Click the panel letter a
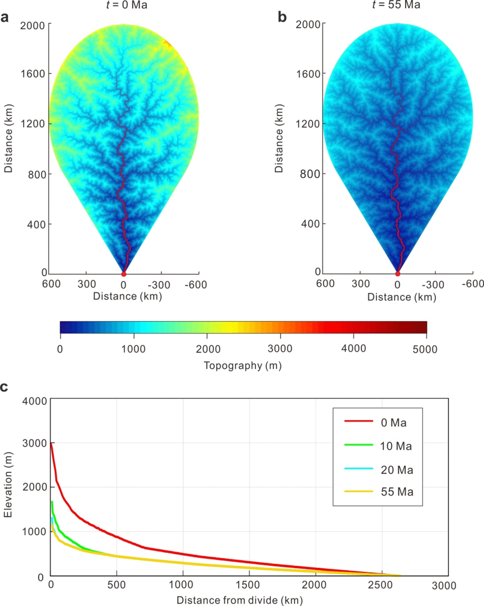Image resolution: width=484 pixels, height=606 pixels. tap(5, 18)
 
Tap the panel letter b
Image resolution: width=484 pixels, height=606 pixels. tap(282, 17)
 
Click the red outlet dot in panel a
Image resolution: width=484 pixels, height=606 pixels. tap(124, 274)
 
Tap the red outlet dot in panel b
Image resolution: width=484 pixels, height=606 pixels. tap(398, 274)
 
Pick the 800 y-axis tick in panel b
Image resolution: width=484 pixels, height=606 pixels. tap(310, 174)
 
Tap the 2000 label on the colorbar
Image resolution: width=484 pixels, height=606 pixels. tap(208, 349)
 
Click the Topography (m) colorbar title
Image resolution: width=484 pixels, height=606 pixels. tap(242, 365)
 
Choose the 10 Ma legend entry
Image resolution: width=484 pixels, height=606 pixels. tap(396, 446)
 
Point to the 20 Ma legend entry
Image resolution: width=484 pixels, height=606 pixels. tap(396, 470)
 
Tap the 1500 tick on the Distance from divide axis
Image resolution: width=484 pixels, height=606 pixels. tap(248, 586)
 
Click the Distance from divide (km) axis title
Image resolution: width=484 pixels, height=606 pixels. tap(239, 600)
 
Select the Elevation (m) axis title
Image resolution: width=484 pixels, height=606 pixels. tap(8, 485)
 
